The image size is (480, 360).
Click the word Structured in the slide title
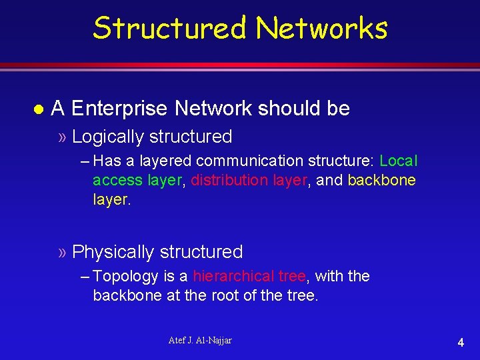point(170,28)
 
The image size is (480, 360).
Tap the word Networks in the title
point(321,28)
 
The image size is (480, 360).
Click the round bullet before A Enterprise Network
point(38,108)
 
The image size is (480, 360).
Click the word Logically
point(108,137)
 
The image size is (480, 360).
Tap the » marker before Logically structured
point(62,137)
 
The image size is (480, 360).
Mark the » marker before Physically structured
point(62,253)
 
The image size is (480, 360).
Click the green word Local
point(398,161)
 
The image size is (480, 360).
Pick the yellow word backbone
point(381,180)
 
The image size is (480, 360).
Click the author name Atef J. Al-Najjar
point(200,341)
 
